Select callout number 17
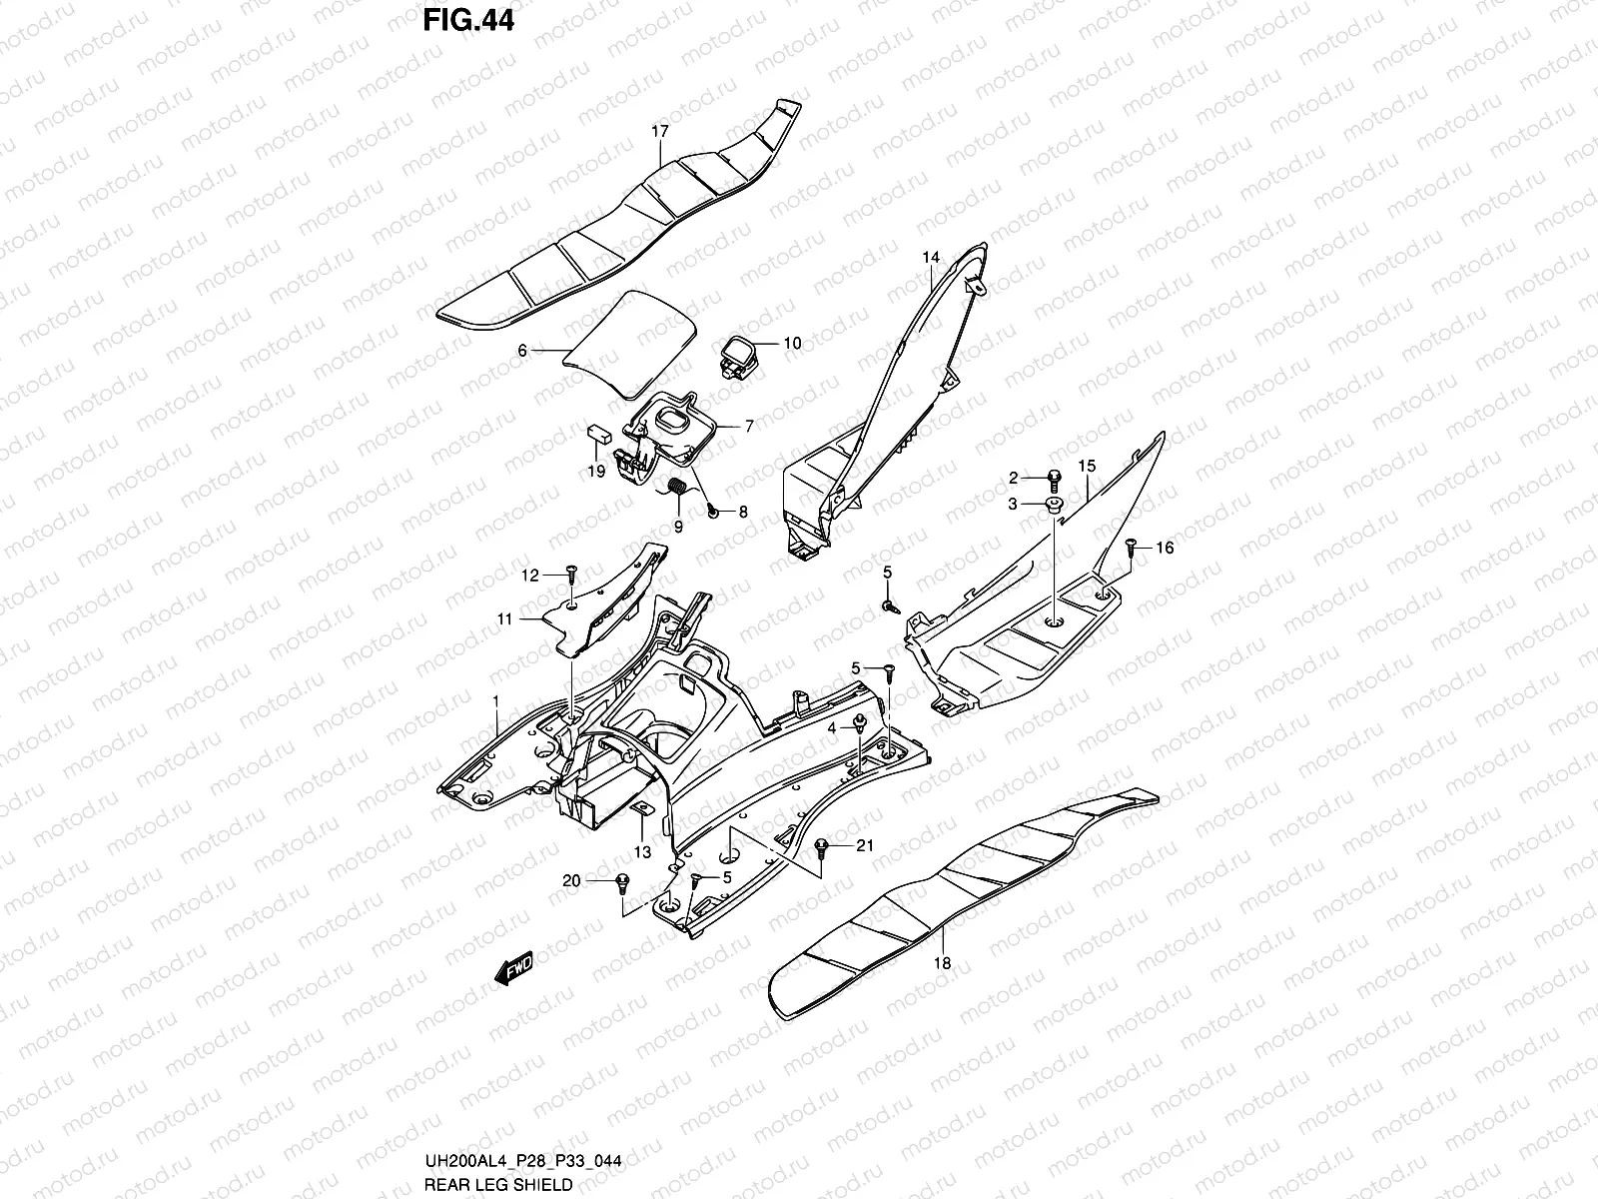coord(659,131)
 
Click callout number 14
coord(931,258)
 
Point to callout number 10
coord(791,344)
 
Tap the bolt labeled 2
coord(1054,478)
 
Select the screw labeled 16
coord(1131,546)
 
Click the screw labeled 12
coord(570,573)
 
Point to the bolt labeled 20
coord(622,880)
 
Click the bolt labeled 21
coord(821,846)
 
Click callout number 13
coord(642,851)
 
